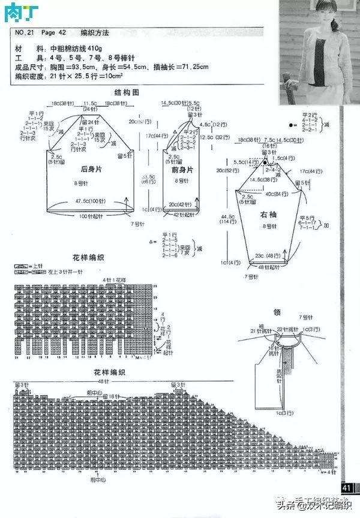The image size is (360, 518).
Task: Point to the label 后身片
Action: [88, 170]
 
